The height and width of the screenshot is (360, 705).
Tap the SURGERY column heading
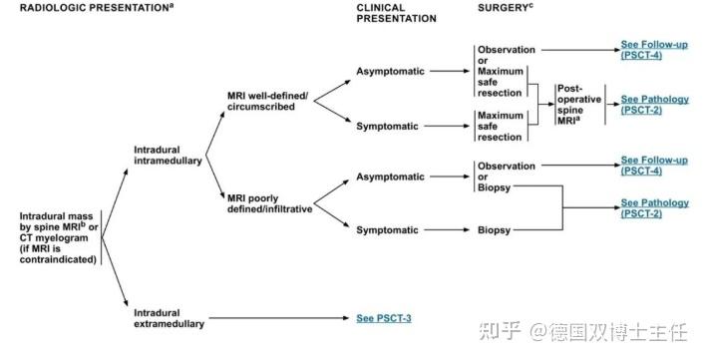click(x=503, y=6)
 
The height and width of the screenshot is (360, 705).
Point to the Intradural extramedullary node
click(x=171, y=318)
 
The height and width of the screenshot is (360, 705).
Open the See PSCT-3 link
click(x=384, y=318)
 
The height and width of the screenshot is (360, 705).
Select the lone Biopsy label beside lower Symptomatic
click(x=494, y=230)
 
